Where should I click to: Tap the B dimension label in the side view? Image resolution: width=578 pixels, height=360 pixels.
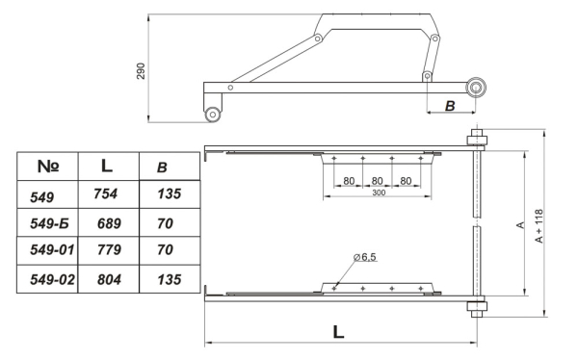(x=449, y=105)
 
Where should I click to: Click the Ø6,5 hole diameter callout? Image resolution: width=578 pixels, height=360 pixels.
(x=365, y=257)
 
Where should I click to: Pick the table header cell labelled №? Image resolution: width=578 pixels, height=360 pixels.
(x=48, y=166)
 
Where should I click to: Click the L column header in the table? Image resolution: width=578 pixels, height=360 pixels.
(x=107, y=166)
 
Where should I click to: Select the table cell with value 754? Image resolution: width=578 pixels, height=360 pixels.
(x=107, y=194)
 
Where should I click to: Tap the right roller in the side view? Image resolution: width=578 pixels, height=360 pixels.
(x=476, y=88)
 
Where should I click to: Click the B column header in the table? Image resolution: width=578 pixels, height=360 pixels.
(x=161, y=167)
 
